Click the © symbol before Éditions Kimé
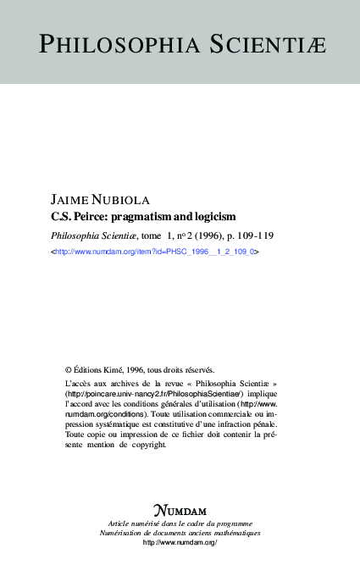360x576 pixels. coord(69,369)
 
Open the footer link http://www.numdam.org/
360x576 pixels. coord(180,543)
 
